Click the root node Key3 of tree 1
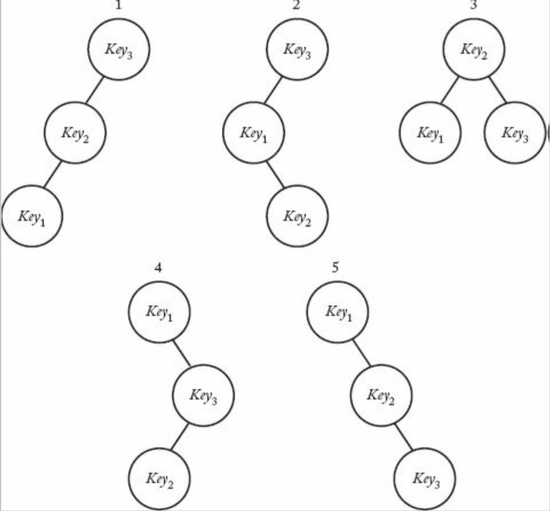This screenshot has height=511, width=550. coord(119,50)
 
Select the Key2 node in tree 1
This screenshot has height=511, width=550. coord(75,133)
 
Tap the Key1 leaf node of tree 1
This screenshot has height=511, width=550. coord(32,216)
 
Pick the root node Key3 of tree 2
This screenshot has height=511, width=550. coord(297,50)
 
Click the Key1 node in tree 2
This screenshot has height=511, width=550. coord(254,133)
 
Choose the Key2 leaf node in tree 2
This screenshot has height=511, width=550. coord(297,216)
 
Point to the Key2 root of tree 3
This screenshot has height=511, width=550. coord(474,50)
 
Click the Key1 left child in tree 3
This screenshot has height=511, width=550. coord(430,133)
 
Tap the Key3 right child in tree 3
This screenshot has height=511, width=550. coord(515,133)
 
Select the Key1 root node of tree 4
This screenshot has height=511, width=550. coord(159,312)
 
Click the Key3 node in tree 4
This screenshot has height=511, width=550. coord(203,395)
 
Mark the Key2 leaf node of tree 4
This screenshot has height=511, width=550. coord(159,478)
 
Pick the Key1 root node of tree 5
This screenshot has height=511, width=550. coord(337,312)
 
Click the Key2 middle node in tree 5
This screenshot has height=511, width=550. coord(381,395)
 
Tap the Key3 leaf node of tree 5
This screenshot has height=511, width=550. coord(425,478)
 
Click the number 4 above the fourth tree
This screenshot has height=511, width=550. coord(158,268)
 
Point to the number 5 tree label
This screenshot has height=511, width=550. coord(335,268)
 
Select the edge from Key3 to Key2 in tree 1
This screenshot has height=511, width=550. coord(95,91)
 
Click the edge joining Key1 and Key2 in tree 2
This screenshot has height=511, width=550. coord(275,174)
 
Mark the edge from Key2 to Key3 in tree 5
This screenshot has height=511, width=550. coord(403,436)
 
